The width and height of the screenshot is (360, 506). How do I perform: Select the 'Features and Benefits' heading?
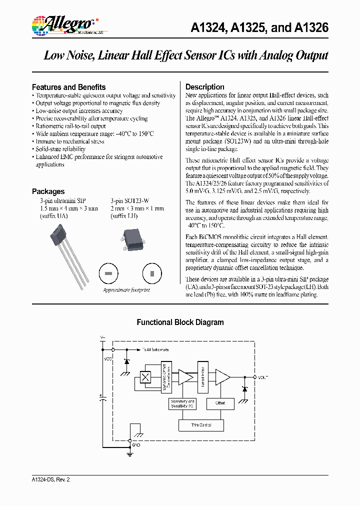click(68, 87)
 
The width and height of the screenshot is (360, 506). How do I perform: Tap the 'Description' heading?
click(204, 87)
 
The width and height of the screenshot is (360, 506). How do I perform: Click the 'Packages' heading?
click(48, 191)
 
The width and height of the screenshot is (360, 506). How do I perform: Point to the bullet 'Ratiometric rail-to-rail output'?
click(70, 126)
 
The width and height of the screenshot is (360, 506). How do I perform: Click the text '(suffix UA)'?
click(54, 216)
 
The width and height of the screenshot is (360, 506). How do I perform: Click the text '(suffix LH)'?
click(124, 216)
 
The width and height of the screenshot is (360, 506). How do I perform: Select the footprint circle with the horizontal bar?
click(108, 273)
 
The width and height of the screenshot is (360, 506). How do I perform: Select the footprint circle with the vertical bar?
click(151, 273)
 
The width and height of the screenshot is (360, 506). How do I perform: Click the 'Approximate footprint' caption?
click(126, 290)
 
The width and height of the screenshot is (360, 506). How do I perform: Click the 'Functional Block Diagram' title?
click(180, 322)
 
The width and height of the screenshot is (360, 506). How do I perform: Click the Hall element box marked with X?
click(145, 377)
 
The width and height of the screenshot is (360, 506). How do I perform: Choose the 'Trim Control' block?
click(201, 425)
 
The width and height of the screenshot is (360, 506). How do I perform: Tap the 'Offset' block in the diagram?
click(220, 402)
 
